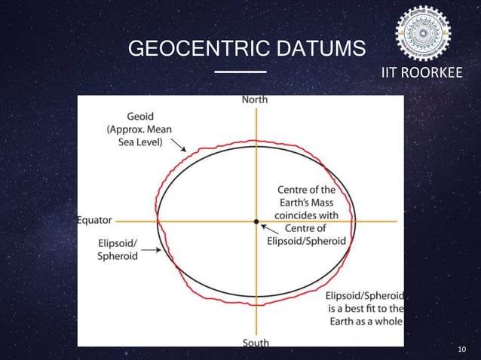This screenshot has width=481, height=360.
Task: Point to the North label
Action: (254, 99)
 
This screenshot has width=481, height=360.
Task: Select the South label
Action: (256, 343)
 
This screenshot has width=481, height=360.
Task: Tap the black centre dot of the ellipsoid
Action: (256, 221)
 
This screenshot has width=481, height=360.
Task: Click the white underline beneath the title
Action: (240, 72)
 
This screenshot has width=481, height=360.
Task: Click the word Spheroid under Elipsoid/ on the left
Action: (118, 256)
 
